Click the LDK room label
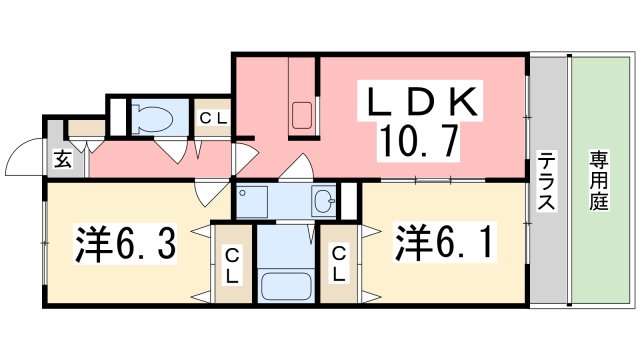pos(421,101)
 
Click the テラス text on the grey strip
pos(547,180)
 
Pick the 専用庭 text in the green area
pos(598,180)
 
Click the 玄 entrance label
pos(61,158)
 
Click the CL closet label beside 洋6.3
pos(231,264)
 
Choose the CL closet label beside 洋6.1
pos(339,264)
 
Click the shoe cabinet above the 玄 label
pos(85,128)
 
